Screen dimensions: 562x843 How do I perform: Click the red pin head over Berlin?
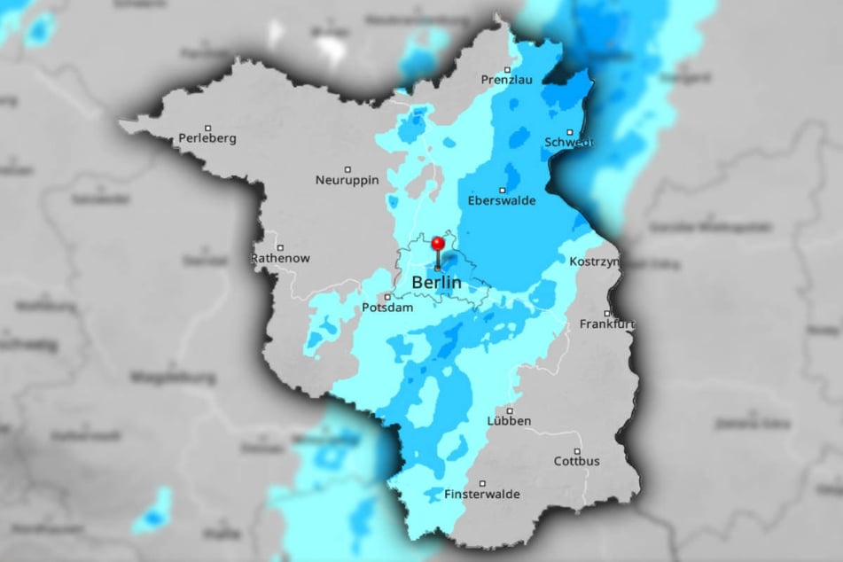[x=437, y=242]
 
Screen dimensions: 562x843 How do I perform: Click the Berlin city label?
[x=437, y=283]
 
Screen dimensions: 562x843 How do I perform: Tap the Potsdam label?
[x=387, y=308]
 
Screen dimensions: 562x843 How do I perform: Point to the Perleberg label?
[x=206, y=137]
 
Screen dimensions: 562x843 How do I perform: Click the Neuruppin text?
[x=347, y=180]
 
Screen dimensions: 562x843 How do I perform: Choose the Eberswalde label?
[x=503, y=200]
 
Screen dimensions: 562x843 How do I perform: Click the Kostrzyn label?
[x=592, y=263]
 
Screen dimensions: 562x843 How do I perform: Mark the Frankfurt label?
[x=607, y=324]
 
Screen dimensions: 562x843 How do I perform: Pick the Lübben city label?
[x=510, y=421]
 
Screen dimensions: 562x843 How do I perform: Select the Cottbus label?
[x=577, y=461]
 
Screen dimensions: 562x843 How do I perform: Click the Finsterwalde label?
[x=483, y=494]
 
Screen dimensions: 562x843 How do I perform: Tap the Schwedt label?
[x=569, y=142]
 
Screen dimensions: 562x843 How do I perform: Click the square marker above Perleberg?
[x=207, y=127]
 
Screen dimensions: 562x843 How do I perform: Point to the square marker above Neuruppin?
[x=349, y=169]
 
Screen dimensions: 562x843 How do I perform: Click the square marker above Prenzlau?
[x=508, y=69]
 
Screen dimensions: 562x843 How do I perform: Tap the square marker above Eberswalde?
[x=503, y=190]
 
